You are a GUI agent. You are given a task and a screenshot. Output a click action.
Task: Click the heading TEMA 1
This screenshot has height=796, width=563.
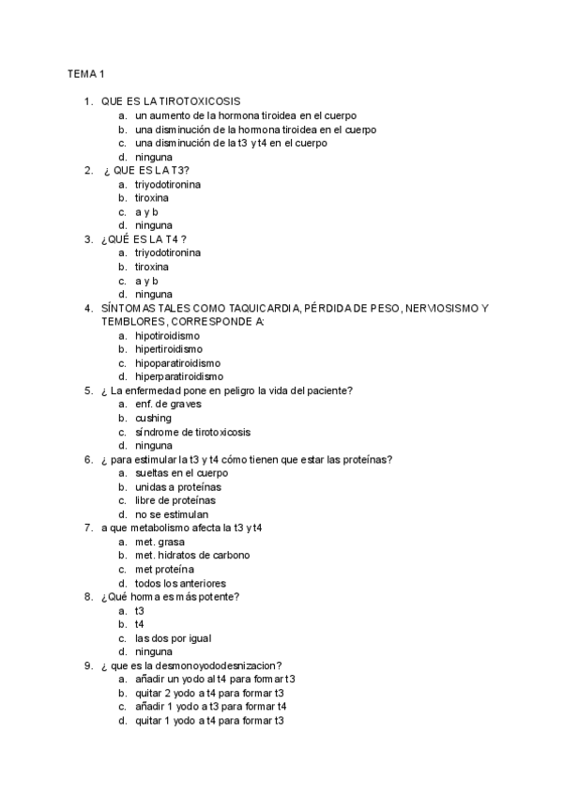84,73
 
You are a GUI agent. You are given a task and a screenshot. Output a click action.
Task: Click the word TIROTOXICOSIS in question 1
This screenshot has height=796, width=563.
199,101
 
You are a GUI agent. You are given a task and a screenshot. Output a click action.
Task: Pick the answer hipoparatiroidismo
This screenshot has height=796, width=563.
178,363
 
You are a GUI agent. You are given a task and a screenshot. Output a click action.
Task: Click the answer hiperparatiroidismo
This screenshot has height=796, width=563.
179,377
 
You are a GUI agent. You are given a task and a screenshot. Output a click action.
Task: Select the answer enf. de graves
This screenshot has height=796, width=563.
168,405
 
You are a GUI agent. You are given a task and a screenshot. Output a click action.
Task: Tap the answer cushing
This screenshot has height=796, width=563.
153,419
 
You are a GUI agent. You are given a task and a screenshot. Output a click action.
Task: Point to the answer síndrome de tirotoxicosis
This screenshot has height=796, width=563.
192,432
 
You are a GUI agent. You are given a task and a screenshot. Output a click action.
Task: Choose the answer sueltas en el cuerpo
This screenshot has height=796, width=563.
181,473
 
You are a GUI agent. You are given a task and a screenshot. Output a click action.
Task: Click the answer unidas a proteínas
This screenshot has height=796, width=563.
178,487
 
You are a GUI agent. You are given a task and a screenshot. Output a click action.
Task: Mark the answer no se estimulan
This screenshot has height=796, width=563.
172,514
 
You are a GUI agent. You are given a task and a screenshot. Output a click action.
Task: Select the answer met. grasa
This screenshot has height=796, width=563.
160,543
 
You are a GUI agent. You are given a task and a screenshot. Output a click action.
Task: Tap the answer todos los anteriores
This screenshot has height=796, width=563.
180,584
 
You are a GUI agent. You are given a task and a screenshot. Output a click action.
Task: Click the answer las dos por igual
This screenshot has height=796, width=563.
173,638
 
